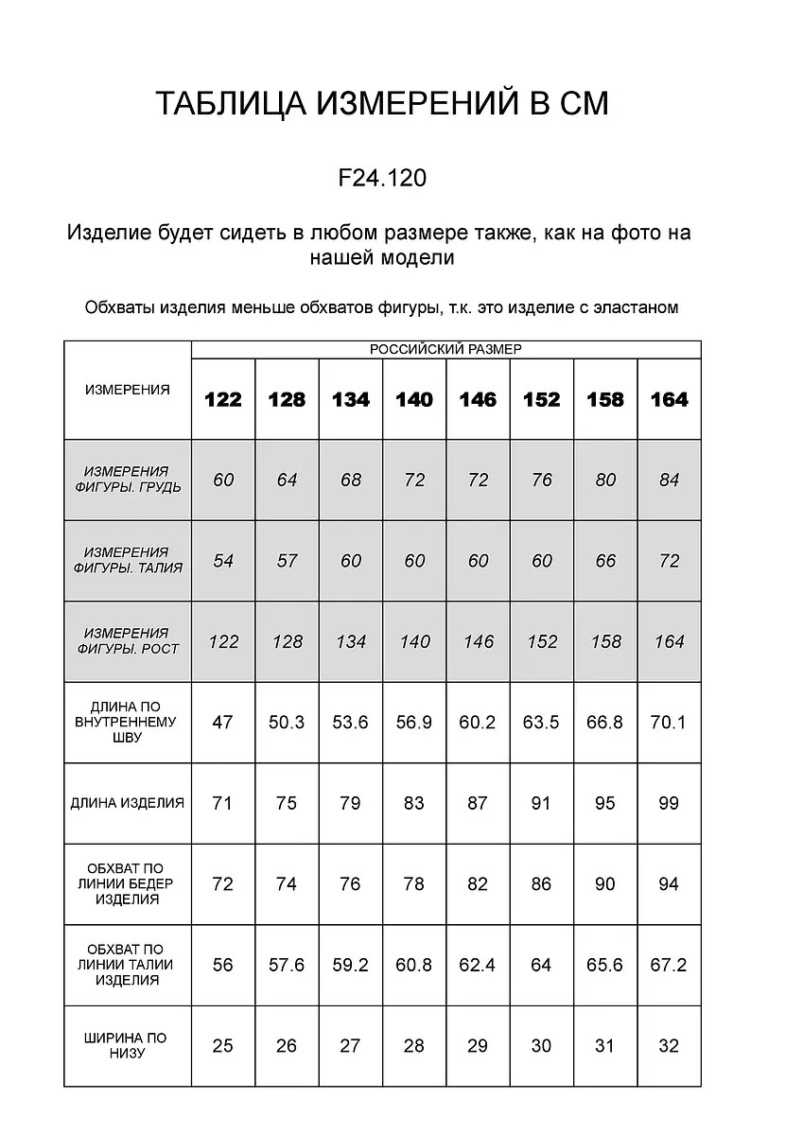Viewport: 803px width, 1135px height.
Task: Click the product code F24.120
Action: (382, 178)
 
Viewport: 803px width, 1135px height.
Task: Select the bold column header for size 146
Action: (478, 399)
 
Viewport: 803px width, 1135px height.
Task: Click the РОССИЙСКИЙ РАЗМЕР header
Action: (445, 349)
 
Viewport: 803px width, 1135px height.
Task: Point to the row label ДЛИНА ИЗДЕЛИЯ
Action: (128, 803)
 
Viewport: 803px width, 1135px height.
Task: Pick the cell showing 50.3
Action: (287, 723)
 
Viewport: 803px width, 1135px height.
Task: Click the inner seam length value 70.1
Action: (669, 723)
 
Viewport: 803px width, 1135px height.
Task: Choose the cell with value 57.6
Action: (287, 965)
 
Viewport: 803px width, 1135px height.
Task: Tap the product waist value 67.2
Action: (669, 965)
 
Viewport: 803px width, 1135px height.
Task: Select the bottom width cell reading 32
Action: (669, 1045)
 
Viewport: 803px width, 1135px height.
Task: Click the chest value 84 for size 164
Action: (669, 480)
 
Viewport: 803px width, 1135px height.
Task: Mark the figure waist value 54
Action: (223, 561)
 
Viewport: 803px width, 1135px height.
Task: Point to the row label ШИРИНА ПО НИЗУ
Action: (128, 1045)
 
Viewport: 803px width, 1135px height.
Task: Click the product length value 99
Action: (669, 803)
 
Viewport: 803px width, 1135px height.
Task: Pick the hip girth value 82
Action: (478, 884)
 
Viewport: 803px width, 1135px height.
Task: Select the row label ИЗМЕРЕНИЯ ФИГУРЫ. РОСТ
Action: (128, 641)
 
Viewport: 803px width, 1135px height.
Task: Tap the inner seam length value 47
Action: (223, 723)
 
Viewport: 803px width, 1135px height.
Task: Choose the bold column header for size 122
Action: (223, 399)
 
